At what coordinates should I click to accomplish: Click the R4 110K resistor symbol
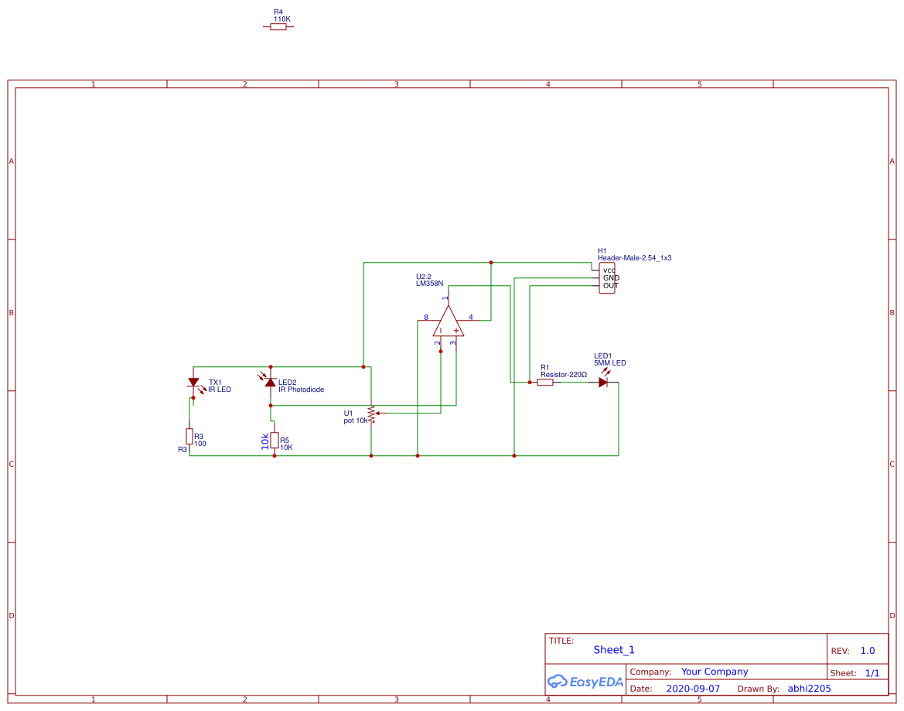point(278,27)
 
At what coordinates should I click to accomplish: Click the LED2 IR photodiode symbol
point(270,383)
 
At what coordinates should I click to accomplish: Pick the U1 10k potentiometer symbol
point(371,414)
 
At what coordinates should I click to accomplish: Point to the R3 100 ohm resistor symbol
point(189,436)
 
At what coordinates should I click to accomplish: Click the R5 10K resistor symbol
point(274,440)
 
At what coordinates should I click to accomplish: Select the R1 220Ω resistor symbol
point(545,382)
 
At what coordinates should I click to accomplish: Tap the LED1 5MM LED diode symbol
point(603,382)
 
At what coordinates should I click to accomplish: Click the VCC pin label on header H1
point(609,270)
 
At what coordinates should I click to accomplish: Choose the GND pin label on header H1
point(611,278)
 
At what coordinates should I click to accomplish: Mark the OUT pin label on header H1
point(610,286)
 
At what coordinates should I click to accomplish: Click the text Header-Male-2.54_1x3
point(634,258)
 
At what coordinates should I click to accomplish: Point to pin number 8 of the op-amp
point(425,318)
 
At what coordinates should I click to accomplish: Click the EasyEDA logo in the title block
point(584,681)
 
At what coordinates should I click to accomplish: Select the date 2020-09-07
point(692,689)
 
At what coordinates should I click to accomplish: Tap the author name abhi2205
point(809,689)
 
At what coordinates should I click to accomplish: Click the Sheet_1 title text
point(613,650)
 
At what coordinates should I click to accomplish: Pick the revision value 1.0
point(868,651)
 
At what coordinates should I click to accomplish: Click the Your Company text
point(714,672)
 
